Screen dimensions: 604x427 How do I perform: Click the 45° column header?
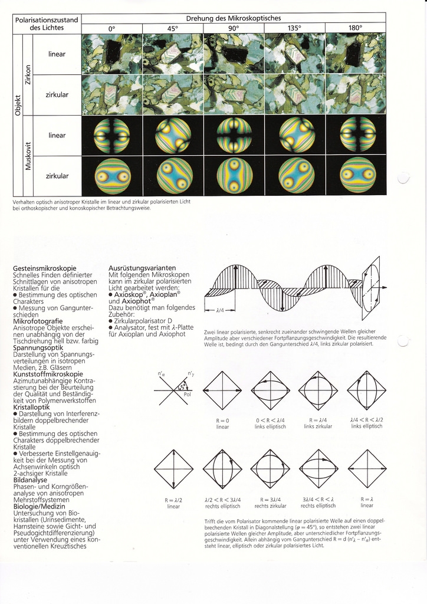coord(173,28)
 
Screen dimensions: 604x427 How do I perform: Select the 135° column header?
coord(294,28)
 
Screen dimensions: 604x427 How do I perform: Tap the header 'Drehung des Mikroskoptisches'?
coord(234,18)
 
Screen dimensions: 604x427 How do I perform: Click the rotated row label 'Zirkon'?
coord(27,74)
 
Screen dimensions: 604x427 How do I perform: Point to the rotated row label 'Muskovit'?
coord(27,156)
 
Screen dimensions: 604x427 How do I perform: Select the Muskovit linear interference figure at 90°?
coord(234,135)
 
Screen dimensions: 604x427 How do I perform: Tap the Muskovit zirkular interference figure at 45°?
coord(173,176)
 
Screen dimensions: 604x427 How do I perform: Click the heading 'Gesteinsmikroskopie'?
coord(44,269)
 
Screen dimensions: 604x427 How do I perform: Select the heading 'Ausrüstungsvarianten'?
coord(139,268)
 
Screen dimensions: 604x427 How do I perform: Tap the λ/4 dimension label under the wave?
coord(220,310)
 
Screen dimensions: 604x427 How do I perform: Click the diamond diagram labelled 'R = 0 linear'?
coord(222,390)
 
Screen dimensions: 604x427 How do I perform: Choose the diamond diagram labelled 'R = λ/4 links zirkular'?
coord(318,390)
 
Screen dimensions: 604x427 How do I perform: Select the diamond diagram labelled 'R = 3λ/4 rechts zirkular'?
coord(270,469)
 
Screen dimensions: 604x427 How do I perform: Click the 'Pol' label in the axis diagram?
coord(188,395)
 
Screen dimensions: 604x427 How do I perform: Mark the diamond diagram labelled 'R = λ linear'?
coord(366,469)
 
